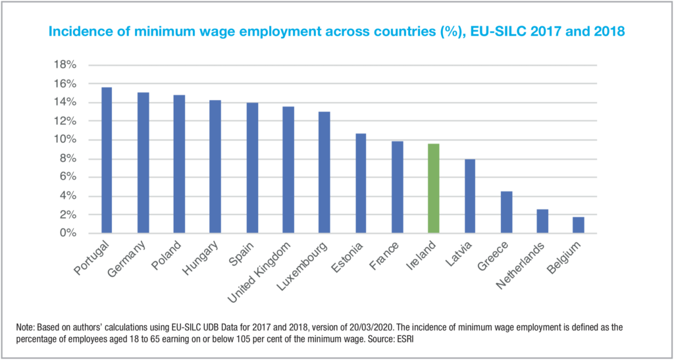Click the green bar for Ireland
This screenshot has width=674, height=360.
[x=433, y=188]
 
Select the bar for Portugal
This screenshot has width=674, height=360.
[x=106, y=161]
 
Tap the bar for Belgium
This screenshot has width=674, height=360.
[x=578, y=225]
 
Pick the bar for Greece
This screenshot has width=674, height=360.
[x=505, y=212]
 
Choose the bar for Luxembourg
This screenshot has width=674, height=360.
[x=324, y=172]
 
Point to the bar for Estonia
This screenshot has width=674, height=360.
[x=361, y=184]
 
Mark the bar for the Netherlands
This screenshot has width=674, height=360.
[x=542, y=221]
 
